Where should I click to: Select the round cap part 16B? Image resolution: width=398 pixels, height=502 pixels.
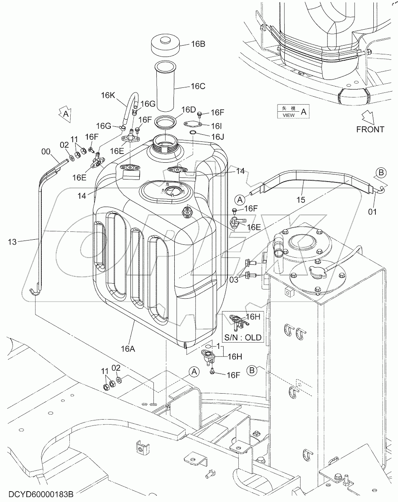[x=165, y=45]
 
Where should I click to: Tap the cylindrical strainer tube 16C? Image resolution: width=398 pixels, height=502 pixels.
[x=166, y=88]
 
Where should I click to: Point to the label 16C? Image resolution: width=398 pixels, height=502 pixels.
[x=198, y=86]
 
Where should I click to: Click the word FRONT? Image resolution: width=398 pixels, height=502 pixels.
[x=370, y=129]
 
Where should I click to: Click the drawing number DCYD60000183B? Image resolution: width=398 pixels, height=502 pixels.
[x=41, y=494]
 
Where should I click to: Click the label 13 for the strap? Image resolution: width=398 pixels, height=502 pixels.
[x=13, y=241]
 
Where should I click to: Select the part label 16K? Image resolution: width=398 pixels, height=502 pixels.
[x=108, y=95]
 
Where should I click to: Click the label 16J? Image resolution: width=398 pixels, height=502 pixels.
[x=218, y=136]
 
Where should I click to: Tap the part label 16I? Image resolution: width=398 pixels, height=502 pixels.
[x=217, y=125]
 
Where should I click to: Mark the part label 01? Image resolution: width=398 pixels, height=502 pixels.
[x=372, y=212]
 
